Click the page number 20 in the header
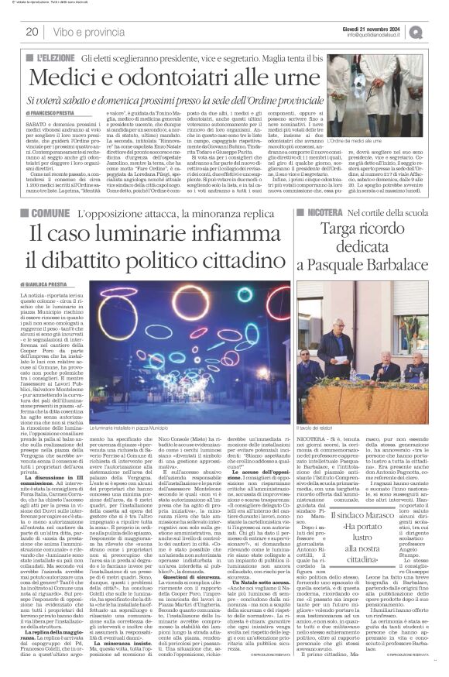pos(33,32)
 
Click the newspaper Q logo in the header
pos(438,31)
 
